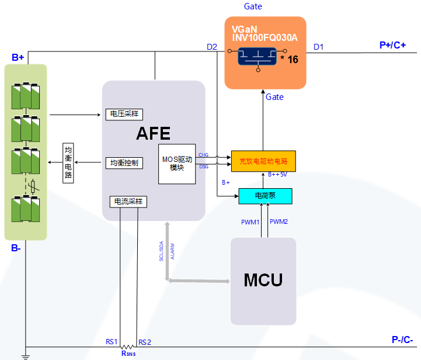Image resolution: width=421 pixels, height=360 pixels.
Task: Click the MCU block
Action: pyautogui.click(x=263, y=280)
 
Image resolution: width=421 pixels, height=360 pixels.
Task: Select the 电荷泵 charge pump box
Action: pyautogui.click(x=265, y=196)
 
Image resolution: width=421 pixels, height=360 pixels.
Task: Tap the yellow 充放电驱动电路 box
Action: pyautogui.click(x=263, y=161)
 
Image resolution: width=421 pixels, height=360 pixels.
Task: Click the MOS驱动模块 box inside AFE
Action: pyautogui.click(x=177, y=163)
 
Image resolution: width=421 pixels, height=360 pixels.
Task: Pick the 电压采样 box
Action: pyautogui.click(x=124, y=114)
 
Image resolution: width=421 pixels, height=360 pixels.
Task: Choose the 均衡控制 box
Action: pyautogui.click(x=124, y=162)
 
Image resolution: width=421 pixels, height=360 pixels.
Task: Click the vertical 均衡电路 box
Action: pyautogui.click(x=68, y=162)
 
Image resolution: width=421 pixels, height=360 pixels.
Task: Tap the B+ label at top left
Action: pyautogui.click(x=18, y=57)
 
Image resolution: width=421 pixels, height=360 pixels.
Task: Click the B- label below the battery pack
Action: pyautogui.click(x=16, y=248)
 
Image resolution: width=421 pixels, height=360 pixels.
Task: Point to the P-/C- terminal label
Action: pyautogui.click(x=402, y=340)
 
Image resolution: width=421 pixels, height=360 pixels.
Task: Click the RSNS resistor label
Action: pyautogui.click(x=128, y=353)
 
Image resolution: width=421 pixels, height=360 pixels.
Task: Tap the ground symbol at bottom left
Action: pyautogui.click(x=25, y=355)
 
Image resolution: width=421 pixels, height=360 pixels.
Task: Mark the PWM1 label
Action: pyautogui.click(x=250, y=222)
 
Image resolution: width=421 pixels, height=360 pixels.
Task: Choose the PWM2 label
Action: pyautogui.click(x=279, y=222)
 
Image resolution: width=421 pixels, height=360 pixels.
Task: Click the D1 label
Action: pyautogui.click(x=318, y=46)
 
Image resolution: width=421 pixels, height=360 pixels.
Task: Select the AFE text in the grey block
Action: pyautogui.click(x=153, y=134)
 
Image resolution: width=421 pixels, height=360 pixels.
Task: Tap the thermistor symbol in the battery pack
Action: pyautogui.click(x=33, y=187)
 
